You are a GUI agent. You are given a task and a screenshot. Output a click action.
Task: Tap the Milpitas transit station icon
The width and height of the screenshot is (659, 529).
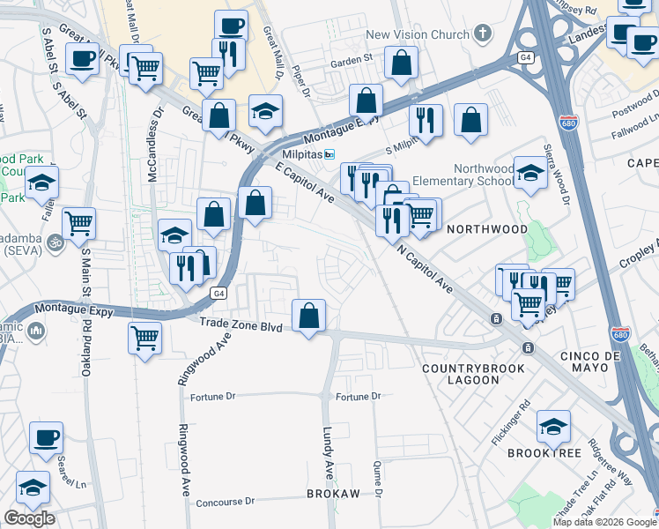click(x=329, y=154)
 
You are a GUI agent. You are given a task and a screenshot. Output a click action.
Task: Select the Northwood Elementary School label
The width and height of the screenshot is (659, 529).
click(x=483, y=175)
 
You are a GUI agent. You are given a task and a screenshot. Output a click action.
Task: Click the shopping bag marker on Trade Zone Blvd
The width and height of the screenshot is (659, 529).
click(x=309, y=316)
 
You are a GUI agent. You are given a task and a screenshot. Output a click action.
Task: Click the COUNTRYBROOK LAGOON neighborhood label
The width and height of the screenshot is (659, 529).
click(x=461, y=374)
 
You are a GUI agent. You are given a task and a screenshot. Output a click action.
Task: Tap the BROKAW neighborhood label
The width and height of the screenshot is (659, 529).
click(x=333, y=494)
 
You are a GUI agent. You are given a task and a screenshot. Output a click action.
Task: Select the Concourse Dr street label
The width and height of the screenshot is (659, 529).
click(x=225, y=501)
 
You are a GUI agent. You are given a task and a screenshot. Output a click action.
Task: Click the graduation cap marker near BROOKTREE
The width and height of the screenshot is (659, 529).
click(x=553, y=427)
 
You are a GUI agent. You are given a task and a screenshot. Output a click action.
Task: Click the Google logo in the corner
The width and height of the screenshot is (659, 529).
click(x=29, y=518)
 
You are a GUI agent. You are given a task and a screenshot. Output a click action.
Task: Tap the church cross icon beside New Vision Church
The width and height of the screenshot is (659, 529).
click(x=481, y=34)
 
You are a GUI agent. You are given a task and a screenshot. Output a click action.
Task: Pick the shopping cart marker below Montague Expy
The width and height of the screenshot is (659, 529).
click(x=145, y=336)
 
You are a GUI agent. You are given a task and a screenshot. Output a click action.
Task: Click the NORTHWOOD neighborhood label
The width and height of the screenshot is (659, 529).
click(x=486, y=228)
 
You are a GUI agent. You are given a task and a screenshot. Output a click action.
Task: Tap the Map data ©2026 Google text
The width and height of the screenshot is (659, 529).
click(x=603, y=522)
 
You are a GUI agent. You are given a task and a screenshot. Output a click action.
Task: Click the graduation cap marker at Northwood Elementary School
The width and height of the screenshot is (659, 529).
click(x=530, y=171)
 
